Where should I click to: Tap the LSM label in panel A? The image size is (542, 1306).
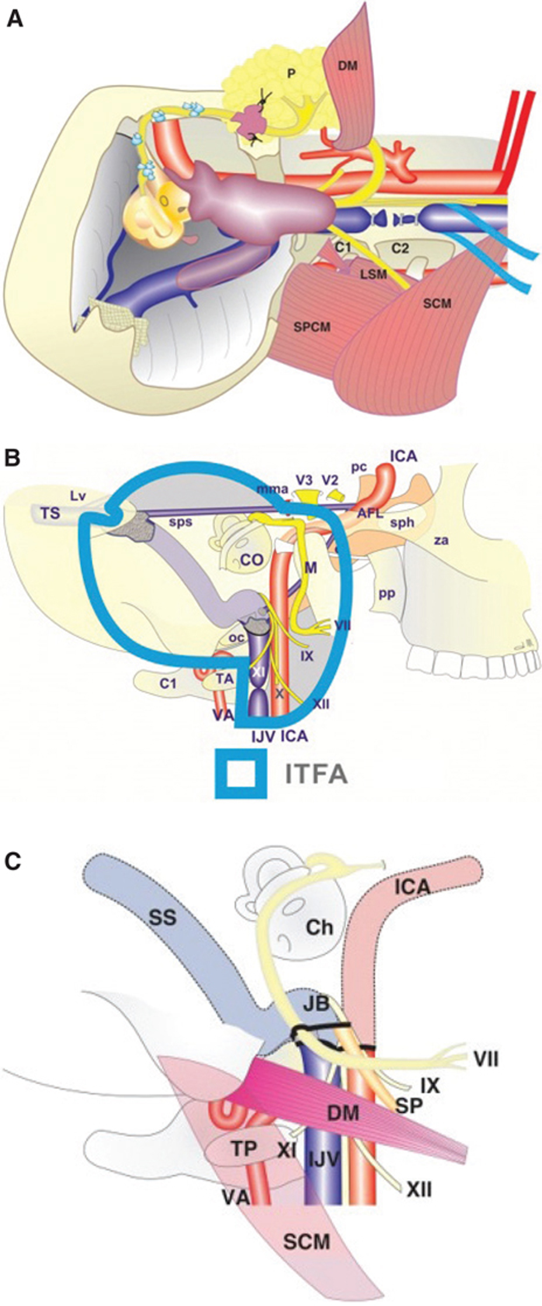(x=374, y=275)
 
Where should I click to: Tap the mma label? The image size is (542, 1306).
(x=273, y=488)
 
